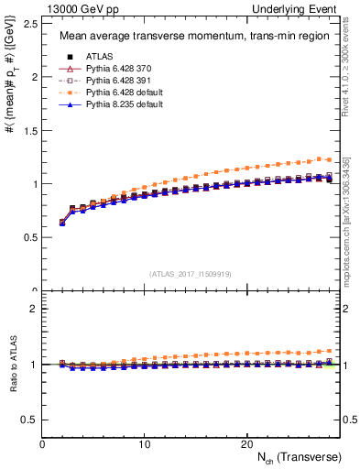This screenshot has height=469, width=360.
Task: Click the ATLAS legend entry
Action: click(100, 57)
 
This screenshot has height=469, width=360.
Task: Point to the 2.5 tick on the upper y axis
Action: click(29, 24)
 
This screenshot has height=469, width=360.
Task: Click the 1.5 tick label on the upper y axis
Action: click(29, 130)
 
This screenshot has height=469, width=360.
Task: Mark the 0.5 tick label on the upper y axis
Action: click(29, 237)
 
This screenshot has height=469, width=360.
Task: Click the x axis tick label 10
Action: click(144, 443)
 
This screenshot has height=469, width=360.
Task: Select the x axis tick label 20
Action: click(245, 443)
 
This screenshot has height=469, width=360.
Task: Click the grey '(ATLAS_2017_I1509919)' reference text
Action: click(190, 273)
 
